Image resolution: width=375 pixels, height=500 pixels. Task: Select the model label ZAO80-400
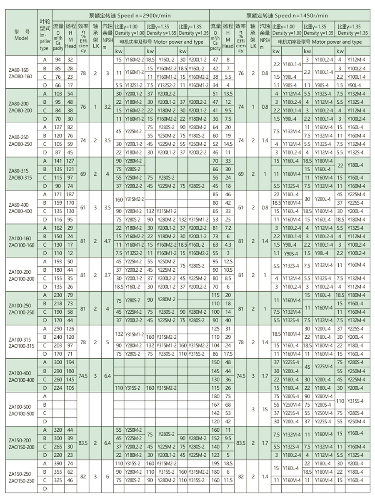21,211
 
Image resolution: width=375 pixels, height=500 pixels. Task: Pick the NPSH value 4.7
107,241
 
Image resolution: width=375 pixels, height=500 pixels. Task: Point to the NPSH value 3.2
107,106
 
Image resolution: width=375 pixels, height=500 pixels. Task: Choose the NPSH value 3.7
107,275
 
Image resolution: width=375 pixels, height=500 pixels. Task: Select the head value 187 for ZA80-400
70,195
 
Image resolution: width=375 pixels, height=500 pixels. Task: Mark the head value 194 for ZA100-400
70,362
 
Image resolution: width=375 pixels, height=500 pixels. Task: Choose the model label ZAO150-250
21,481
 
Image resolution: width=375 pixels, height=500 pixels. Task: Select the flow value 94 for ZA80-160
57,60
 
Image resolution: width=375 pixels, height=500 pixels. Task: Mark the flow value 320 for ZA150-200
57,430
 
